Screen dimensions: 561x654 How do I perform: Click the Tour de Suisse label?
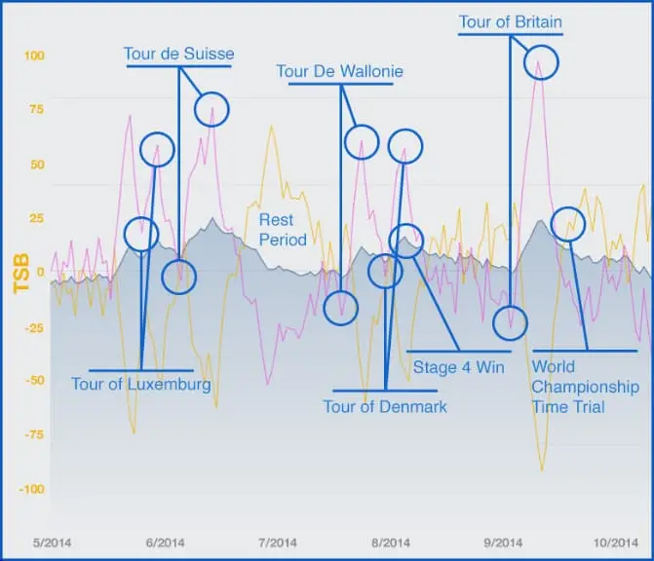(x=178, y=52)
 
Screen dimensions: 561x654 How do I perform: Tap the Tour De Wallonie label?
(x=339, y=71)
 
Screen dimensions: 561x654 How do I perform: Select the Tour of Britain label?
(x=510, y=21)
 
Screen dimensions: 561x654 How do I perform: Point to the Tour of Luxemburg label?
(x=141, y=384)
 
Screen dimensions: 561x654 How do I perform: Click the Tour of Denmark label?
(x=385, y=406)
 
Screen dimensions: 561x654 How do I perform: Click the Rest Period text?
(x=283, y=230)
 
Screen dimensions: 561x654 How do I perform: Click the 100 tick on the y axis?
(x=34, y=56)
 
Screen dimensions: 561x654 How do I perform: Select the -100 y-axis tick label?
(x=32, y=489)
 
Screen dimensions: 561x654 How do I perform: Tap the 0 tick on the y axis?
(x=40, y=272)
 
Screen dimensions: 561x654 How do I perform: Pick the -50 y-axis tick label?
(x=35, y=381)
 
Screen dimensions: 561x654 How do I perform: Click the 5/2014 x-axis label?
(x=53, y=542)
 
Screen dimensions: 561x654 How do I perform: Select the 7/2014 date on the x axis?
(x=277, y=542)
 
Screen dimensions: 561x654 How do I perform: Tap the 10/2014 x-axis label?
(x=615, y=542)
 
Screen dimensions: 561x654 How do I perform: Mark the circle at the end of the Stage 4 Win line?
(x=404, y=240)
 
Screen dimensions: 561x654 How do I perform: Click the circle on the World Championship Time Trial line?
(x=567, y=224)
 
